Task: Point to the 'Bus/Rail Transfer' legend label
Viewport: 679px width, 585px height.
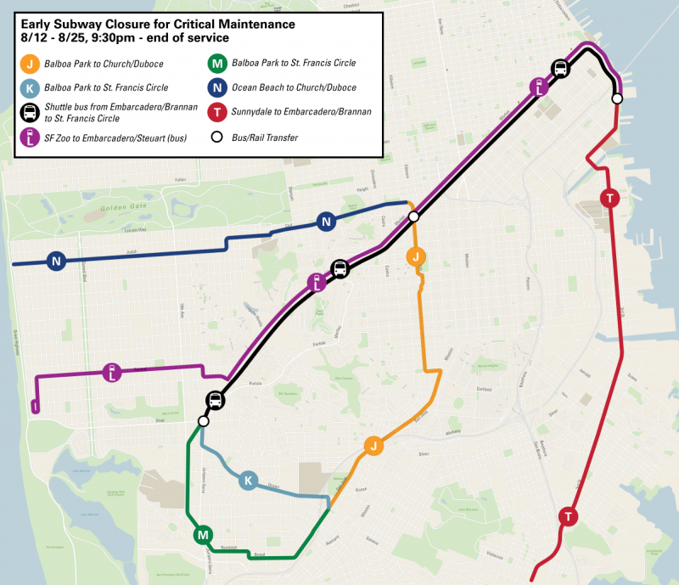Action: (x=264, y=138)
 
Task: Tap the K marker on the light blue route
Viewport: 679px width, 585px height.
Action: (x=249, y=480)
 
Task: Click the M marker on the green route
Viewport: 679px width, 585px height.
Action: (x=202, y=535)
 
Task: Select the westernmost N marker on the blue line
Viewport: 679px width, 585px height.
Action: (x=56, y=261)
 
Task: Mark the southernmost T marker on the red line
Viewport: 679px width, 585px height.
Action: (x=568, y=516)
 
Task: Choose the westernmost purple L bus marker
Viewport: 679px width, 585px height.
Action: (x=112, y=372)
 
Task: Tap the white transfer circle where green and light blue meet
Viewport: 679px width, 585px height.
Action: (x=203, y=420)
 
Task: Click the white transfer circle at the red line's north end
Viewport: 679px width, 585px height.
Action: (x=617, y=98)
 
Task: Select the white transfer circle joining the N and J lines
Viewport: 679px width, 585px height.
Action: (x=413, y=217)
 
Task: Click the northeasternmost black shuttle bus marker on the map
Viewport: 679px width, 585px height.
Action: (x=560, y=68)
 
